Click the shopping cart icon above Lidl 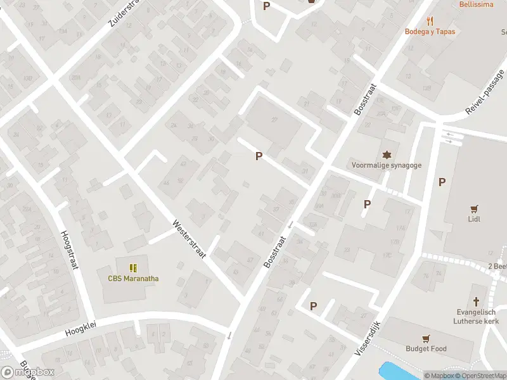pyautogui.click(x=473, y=208)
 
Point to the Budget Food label pyautogui.click(x=426, y=348)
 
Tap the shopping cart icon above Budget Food pyautogui.click(x=426, y=338)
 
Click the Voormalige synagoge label pyautogui.click(x=387, y=165)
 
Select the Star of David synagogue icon pyautogui.click(x=387, y=155)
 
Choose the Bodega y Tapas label pyautogui.click(x=430, y=31)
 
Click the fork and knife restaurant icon pyautogui.click(x=430, y=20)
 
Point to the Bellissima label pyautogui.click(x=476, y=4)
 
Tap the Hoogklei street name pyautogui.click(x=79, y=330)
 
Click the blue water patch pyautogui.click(x=396, y=371)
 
